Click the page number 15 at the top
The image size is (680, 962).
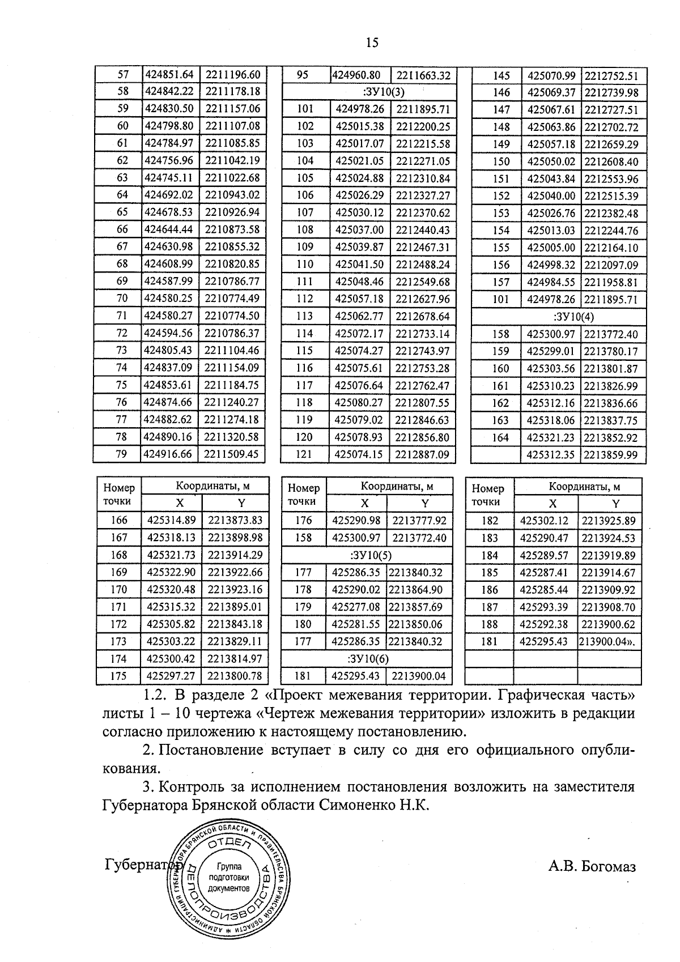coord(372,42)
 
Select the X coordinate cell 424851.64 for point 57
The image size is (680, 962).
coord(169,74)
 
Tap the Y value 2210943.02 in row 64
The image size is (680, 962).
coord(232,195)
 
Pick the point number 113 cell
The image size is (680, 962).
coord(305,316)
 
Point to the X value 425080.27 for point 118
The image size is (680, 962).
coord(359,403)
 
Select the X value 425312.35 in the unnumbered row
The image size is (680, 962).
coord(551,455)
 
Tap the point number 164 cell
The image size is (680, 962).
coord(500,437)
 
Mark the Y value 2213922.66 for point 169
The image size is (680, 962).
coord(235,572)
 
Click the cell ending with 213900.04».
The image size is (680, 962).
coord(608,642)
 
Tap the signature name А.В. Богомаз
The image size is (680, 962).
coord(592,866)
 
